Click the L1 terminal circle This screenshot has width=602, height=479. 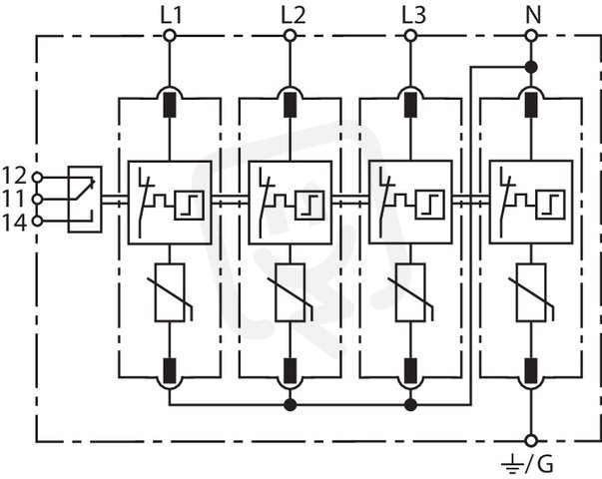click(x=170, y=36)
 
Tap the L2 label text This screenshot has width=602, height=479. click(x=293, y=15)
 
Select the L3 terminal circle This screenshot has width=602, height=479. click(x=410, y=36)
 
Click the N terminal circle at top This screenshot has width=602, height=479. click(x=531, y=36)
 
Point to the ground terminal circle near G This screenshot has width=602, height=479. click(x=531, y=441)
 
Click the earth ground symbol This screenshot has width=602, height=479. click(x=512, y=464)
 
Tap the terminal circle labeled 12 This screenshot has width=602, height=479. click(x=37, y=178)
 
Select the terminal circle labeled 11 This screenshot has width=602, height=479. click(x=37, y=200)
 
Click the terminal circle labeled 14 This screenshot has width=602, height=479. click(x=37, y=222)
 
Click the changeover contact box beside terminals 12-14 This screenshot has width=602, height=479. click(x=85, y=200)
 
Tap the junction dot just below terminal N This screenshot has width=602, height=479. click(x=531, y=68)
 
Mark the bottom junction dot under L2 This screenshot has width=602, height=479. click(x=290, y=404)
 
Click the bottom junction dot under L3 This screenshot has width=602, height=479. click(x=410, y=404)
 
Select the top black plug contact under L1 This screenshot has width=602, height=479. click(x=170, y=105)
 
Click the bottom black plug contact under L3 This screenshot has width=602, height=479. click(x=410, y=371)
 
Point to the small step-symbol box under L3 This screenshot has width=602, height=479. click(x=430, y=205)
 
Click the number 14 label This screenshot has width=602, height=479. click(x=15, y=223)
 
